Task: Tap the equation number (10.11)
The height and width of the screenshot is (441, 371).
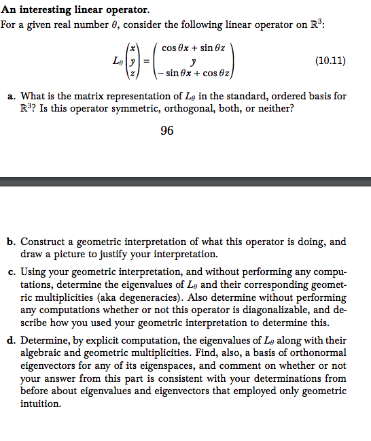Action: click(x=331, y=61)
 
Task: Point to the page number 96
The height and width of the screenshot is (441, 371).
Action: click(x=166, y=131)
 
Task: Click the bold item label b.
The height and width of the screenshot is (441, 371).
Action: click(x=11, y=242)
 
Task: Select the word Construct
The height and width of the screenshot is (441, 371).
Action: click(x=42, y=242)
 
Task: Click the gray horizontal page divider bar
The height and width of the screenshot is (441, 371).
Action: click(x=185, y=181)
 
